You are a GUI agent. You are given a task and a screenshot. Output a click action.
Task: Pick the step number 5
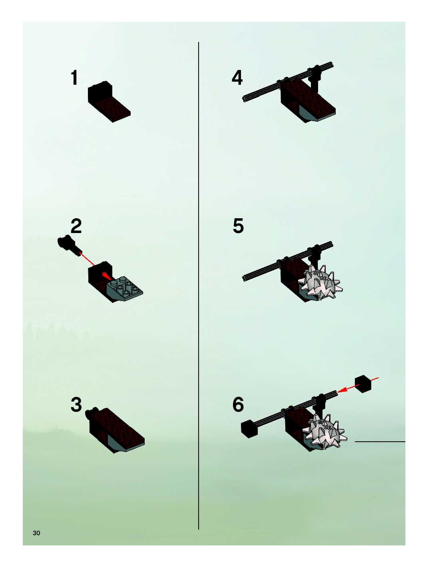point(238,226)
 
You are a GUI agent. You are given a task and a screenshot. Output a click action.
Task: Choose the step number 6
point(238,405)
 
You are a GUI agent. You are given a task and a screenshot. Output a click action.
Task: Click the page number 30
point(36,533)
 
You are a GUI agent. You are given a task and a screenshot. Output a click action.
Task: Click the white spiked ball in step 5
point(320,282)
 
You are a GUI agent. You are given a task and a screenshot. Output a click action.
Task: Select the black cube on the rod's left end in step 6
point(249,429)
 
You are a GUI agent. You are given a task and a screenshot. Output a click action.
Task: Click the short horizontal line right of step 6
point(380,442)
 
